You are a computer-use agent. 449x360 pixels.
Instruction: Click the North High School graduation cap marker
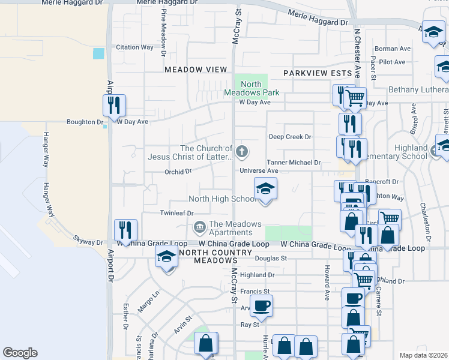pyautogui.click(x=264, y=189)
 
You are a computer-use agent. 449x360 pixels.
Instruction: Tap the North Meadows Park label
pyautogui.click(x=252, y=88)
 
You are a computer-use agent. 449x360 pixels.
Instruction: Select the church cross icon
pyautogui.click(x=242, y=151)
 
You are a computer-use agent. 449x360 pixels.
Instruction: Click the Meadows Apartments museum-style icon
pyautogui.click(x=199, y=227)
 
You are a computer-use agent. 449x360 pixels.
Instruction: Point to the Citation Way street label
pyautogui.click(x=134, y=47)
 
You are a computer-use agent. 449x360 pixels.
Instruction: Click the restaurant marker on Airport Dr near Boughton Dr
pyautogui.click(x=113, y=106)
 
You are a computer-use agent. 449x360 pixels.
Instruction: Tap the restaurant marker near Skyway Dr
pyautogui.click(x=125, y=230)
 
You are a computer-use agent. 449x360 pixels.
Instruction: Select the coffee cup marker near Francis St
pyautogui.click(x=261, y=305)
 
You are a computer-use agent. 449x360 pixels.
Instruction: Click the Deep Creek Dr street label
pyautogui.click(x=290, y=137)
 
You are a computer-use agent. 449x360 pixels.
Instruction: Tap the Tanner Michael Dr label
pyautogui.click(x=294, y=163)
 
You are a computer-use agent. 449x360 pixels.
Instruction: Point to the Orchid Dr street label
pyautogui.click(x=178, y=171)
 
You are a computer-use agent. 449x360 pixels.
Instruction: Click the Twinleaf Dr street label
pyautogui.click(x=176, y=213)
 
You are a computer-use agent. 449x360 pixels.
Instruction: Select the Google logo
pyautogui.click(x=20, y=353)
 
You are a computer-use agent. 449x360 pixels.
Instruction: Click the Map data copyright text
pyautogui.click(x=423, y=355)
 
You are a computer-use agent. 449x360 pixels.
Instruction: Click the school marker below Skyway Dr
pyautogui.click(x=167, y=258)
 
